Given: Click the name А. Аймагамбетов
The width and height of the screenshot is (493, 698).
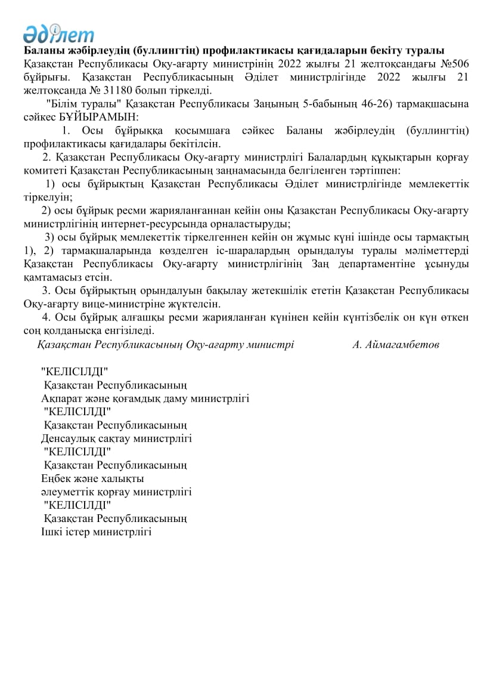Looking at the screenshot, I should click(396, 344).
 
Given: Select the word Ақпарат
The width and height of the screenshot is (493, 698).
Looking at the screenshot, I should click(61, 398).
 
